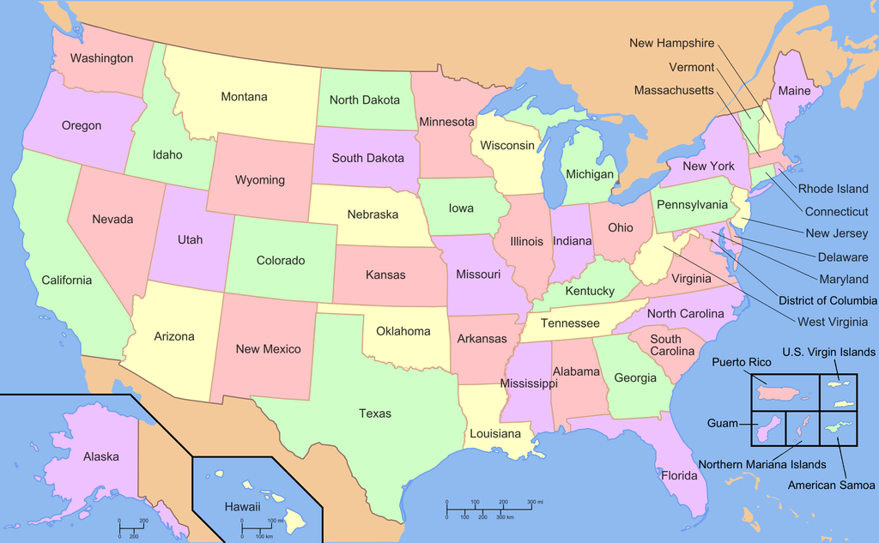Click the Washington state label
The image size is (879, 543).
101,58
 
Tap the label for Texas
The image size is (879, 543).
375,413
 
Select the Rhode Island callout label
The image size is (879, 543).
834,189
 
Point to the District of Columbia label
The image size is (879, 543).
827,300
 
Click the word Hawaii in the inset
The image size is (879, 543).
242,507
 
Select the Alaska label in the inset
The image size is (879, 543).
101,456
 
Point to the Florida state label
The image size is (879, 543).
678,474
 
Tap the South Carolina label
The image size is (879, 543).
665,345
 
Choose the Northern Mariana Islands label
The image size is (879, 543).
761,464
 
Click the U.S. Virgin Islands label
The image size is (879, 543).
828,352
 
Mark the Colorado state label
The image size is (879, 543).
282,260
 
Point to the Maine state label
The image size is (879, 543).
795,90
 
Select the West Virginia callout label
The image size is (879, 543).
833,322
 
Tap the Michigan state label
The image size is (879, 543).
590,174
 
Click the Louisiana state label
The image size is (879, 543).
494,433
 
